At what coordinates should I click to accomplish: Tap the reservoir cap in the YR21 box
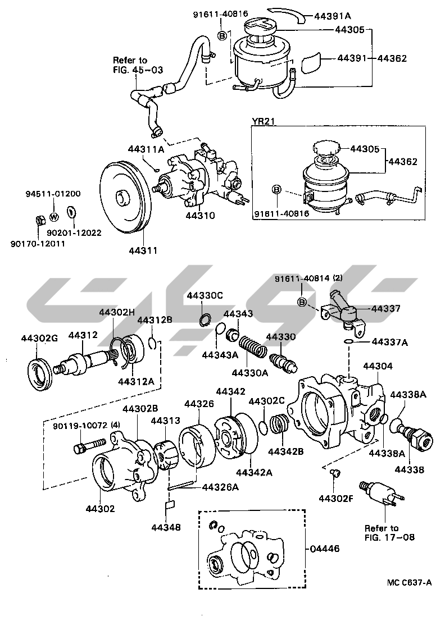tap(325, 149)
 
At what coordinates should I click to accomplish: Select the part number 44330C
tap(206, 295)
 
